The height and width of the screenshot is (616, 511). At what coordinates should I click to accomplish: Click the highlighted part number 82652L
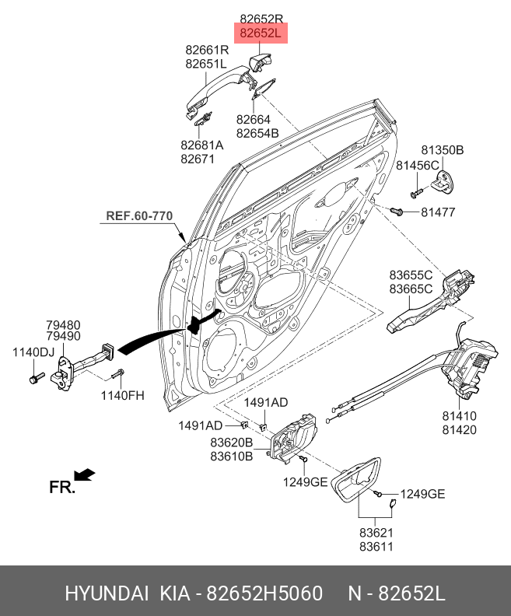[261, 33]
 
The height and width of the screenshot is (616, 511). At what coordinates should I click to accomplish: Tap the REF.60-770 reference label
[139, 215]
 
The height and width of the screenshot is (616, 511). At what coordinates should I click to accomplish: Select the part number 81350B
[443, 149]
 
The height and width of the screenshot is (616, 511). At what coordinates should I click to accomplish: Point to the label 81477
[438, 212]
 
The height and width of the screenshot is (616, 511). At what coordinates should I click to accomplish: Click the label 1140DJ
[33, 352]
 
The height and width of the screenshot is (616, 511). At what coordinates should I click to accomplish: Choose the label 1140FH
[122, 395]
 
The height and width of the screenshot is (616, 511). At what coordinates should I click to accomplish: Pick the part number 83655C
[411, 275]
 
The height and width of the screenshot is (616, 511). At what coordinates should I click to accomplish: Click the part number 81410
[459, 415]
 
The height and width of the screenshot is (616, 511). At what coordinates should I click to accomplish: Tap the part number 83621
[376, 533]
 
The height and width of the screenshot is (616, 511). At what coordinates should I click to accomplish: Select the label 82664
[254, 120]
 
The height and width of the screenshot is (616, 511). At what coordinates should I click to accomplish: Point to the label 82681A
[201, 145]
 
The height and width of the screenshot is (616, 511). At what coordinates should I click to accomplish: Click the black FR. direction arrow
[85, 474]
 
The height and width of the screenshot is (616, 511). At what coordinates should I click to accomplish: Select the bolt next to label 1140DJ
[35, 379]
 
